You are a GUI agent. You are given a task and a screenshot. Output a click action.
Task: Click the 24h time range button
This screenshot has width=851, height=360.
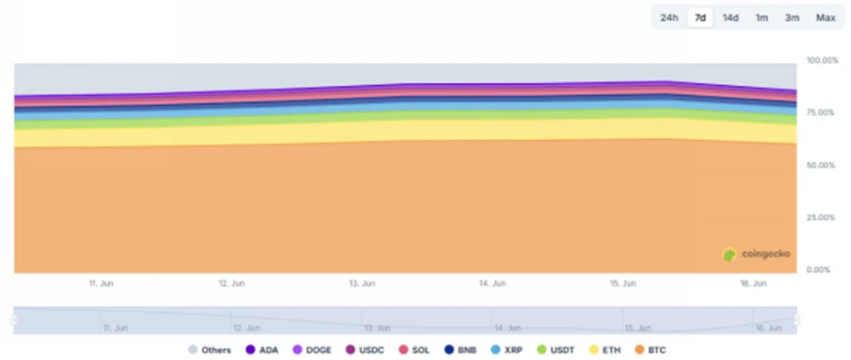point(670,18)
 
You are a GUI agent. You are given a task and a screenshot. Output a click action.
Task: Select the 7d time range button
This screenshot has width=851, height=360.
point(701,18)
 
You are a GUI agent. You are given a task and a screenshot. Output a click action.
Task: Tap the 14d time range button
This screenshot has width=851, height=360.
point(730,18)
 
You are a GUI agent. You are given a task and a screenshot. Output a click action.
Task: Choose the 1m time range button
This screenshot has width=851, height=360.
point(762,18)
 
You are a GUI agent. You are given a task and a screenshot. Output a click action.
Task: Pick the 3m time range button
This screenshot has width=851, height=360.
point(792,18)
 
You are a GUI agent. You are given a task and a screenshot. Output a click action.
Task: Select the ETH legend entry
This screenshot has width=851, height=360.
point(605,349)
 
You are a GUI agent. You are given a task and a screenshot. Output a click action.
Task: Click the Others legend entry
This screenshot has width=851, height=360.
point(209,349)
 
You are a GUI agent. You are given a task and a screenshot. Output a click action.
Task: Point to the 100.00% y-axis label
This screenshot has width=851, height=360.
point(823,61)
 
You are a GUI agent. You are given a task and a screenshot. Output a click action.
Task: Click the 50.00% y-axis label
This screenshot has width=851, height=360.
point(823,164)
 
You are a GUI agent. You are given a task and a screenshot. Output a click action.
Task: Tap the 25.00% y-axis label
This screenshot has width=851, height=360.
point(823,217)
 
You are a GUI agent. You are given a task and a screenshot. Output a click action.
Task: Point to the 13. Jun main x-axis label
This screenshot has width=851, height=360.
point(361,283)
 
